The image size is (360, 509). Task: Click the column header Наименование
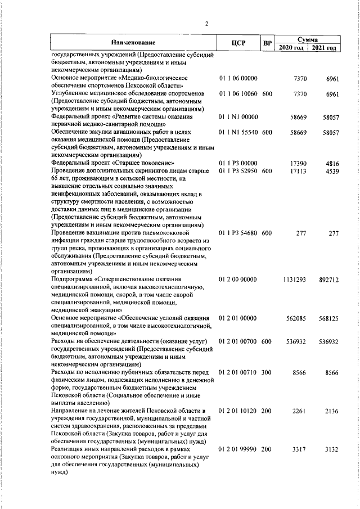click(133, 43)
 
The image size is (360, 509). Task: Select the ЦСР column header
click(238, 43)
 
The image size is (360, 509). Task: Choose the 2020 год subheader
click(291, 47)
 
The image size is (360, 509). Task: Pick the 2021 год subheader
click(325, 47)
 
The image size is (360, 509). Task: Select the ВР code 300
click(267, 372)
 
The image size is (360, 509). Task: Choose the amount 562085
click(295, 318)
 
